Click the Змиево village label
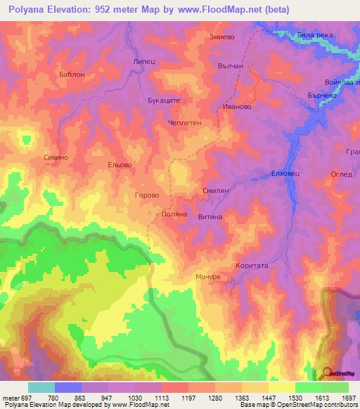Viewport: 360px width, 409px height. (x=221, y=37)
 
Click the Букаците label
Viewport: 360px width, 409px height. (x=165, y=100)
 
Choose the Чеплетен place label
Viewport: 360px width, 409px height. (x=185, y=122)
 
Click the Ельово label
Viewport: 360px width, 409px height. (x=119, y=165)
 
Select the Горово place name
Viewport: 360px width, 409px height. (x=147, y=195)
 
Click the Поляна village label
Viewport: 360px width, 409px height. (x=174, y=214)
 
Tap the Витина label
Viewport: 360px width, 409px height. (x=210, y=217)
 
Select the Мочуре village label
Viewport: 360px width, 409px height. (x=208, y=277)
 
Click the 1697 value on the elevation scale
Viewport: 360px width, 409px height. (x=349, y=397)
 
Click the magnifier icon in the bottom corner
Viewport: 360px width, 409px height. (x=326, y=372)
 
